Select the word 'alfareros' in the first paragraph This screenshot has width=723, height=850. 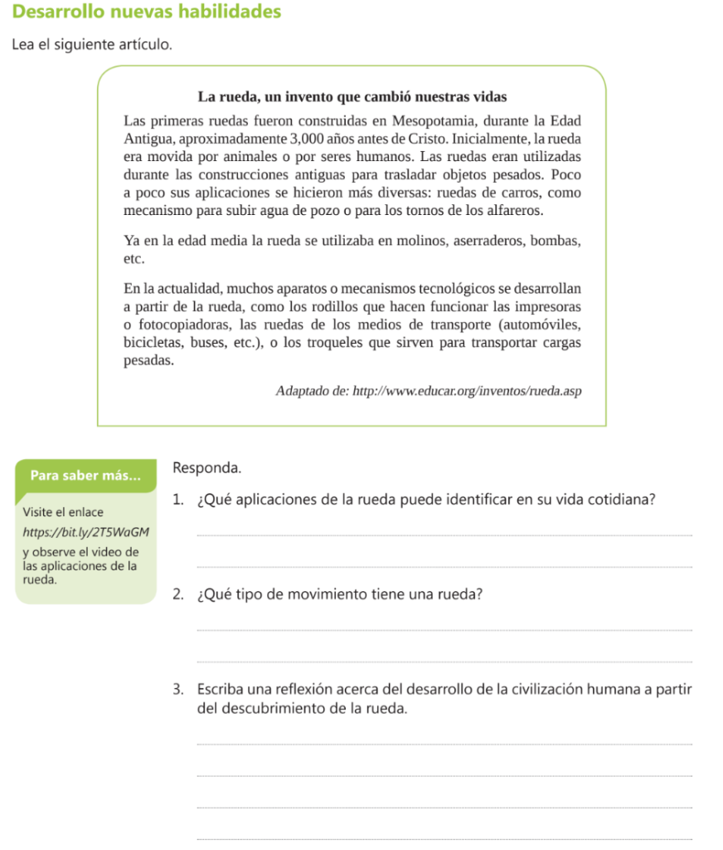(515, 210)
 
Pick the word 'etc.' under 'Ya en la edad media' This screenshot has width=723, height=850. (134, 258)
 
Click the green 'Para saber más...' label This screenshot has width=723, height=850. (85, 476)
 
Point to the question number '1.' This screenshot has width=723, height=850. (179, 500)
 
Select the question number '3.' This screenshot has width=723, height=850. (179, 690)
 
